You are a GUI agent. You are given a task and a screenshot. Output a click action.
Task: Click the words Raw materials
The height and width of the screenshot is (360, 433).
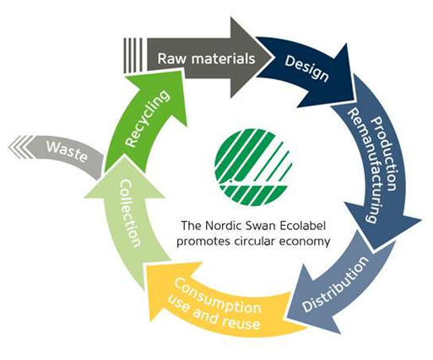(206, 59)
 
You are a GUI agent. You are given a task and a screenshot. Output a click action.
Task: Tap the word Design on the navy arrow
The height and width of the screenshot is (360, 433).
(306, 68)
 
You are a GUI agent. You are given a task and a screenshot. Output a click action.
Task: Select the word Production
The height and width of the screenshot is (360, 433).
(385, 154)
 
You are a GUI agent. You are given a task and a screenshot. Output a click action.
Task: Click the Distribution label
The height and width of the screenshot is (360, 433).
(335, 284)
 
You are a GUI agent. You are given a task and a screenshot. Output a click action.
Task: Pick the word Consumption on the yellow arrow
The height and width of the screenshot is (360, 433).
(217, 296)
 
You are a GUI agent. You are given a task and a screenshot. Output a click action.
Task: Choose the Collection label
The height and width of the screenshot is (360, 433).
(130, 213)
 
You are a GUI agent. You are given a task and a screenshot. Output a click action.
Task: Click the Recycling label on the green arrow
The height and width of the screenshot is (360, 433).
(147, 118)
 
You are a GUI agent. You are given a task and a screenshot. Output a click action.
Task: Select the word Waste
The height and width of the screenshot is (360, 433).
(67, 151)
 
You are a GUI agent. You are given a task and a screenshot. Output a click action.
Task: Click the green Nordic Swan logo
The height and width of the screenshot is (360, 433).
(253, 167)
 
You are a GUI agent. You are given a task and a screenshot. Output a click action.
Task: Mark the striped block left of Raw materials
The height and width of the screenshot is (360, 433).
(133, 56)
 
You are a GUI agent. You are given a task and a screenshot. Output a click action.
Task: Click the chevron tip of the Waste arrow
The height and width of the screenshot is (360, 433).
(9, 147)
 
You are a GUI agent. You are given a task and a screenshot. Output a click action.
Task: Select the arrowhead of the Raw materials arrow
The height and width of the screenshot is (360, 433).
(252, 57)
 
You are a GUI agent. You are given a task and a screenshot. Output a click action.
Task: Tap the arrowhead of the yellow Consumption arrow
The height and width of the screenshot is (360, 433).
(171, 289)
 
